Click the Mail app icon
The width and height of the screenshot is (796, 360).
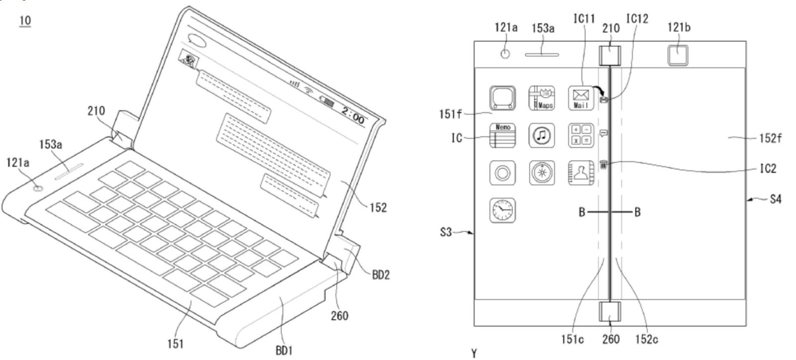pos(581,98)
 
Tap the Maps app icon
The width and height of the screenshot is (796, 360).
pos(542,98)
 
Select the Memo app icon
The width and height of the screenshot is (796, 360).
pos(502,136)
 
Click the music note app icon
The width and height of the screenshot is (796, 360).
pos(542,136)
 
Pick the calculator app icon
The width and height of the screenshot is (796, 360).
pos(581,136)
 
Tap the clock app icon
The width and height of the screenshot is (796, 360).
pos(502,210)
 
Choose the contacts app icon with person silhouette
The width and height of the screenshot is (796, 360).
pos(581,173)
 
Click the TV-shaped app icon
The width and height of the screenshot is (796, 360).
pos(502,98)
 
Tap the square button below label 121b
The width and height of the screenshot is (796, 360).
pos(678,54)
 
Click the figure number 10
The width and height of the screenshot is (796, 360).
pos(25,21)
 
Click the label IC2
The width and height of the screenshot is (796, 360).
pos(768,169)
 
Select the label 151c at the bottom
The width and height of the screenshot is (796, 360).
pos(573,340)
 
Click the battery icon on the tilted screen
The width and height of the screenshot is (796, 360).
pos(328,103)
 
